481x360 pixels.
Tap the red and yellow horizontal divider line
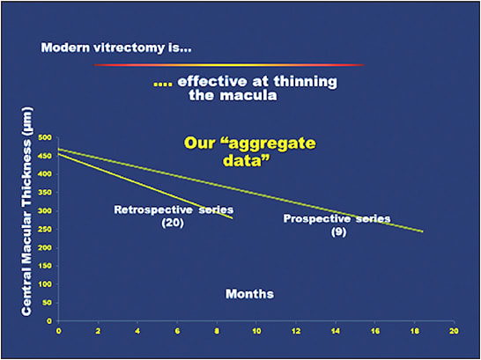point(228,65)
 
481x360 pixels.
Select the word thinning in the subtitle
point(305,82)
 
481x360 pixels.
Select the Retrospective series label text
point(174,209)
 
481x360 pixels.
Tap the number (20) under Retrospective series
point(173,223)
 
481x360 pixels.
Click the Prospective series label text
point(337,219)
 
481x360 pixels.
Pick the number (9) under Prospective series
point(338,232)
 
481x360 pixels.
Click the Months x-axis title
point(249,294)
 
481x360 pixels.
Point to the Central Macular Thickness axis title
point(26,211)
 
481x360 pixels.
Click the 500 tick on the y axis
point(44,137)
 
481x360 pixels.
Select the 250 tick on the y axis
point(44,230)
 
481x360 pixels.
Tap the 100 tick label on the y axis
point(44,284)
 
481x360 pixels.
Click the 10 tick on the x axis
point(256,331)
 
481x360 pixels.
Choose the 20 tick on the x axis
point(454,331)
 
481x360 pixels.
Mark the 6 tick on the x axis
point(177,331)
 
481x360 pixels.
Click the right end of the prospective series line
point(423,231)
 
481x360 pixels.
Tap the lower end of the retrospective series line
point(233,218)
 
